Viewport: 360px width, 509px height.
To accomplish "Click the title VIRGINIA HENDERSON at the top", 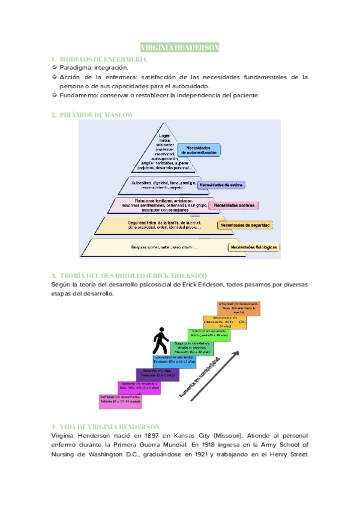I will pos(179,47).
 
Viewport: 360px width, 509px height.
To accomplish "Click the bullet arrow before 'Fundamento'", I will pos(55,95).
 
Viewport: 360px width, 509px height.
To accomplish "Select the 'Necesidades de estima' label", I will pos(221,184).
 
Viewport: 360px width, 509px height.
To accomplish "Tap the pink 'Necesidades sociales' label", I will pos(235,205).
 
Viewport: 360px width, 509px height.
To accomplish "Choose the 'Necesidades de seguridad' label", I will pos(245,225).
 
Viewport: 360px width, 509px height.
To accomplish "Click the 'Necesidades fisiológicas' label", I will pos(254,247).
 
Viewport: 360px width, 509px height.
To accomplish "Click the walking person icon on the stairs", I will pos(160,342).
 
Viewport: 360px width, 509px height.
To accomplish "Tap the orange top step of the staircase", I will pos(239,309).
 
